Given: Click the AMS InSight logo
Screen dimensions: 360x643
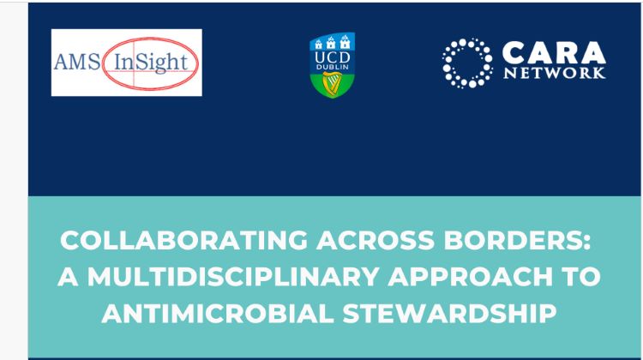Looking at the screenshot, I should coord(126,63).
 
